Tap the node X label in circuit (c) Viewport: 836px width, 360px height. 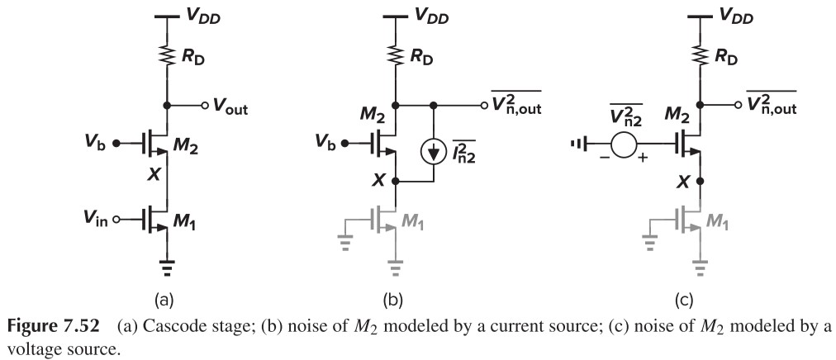point(682,182)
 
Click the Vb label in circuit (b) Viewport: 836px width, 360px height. point(325,146)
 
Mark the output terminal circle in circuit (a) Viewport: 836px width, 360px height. point(204,107)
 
